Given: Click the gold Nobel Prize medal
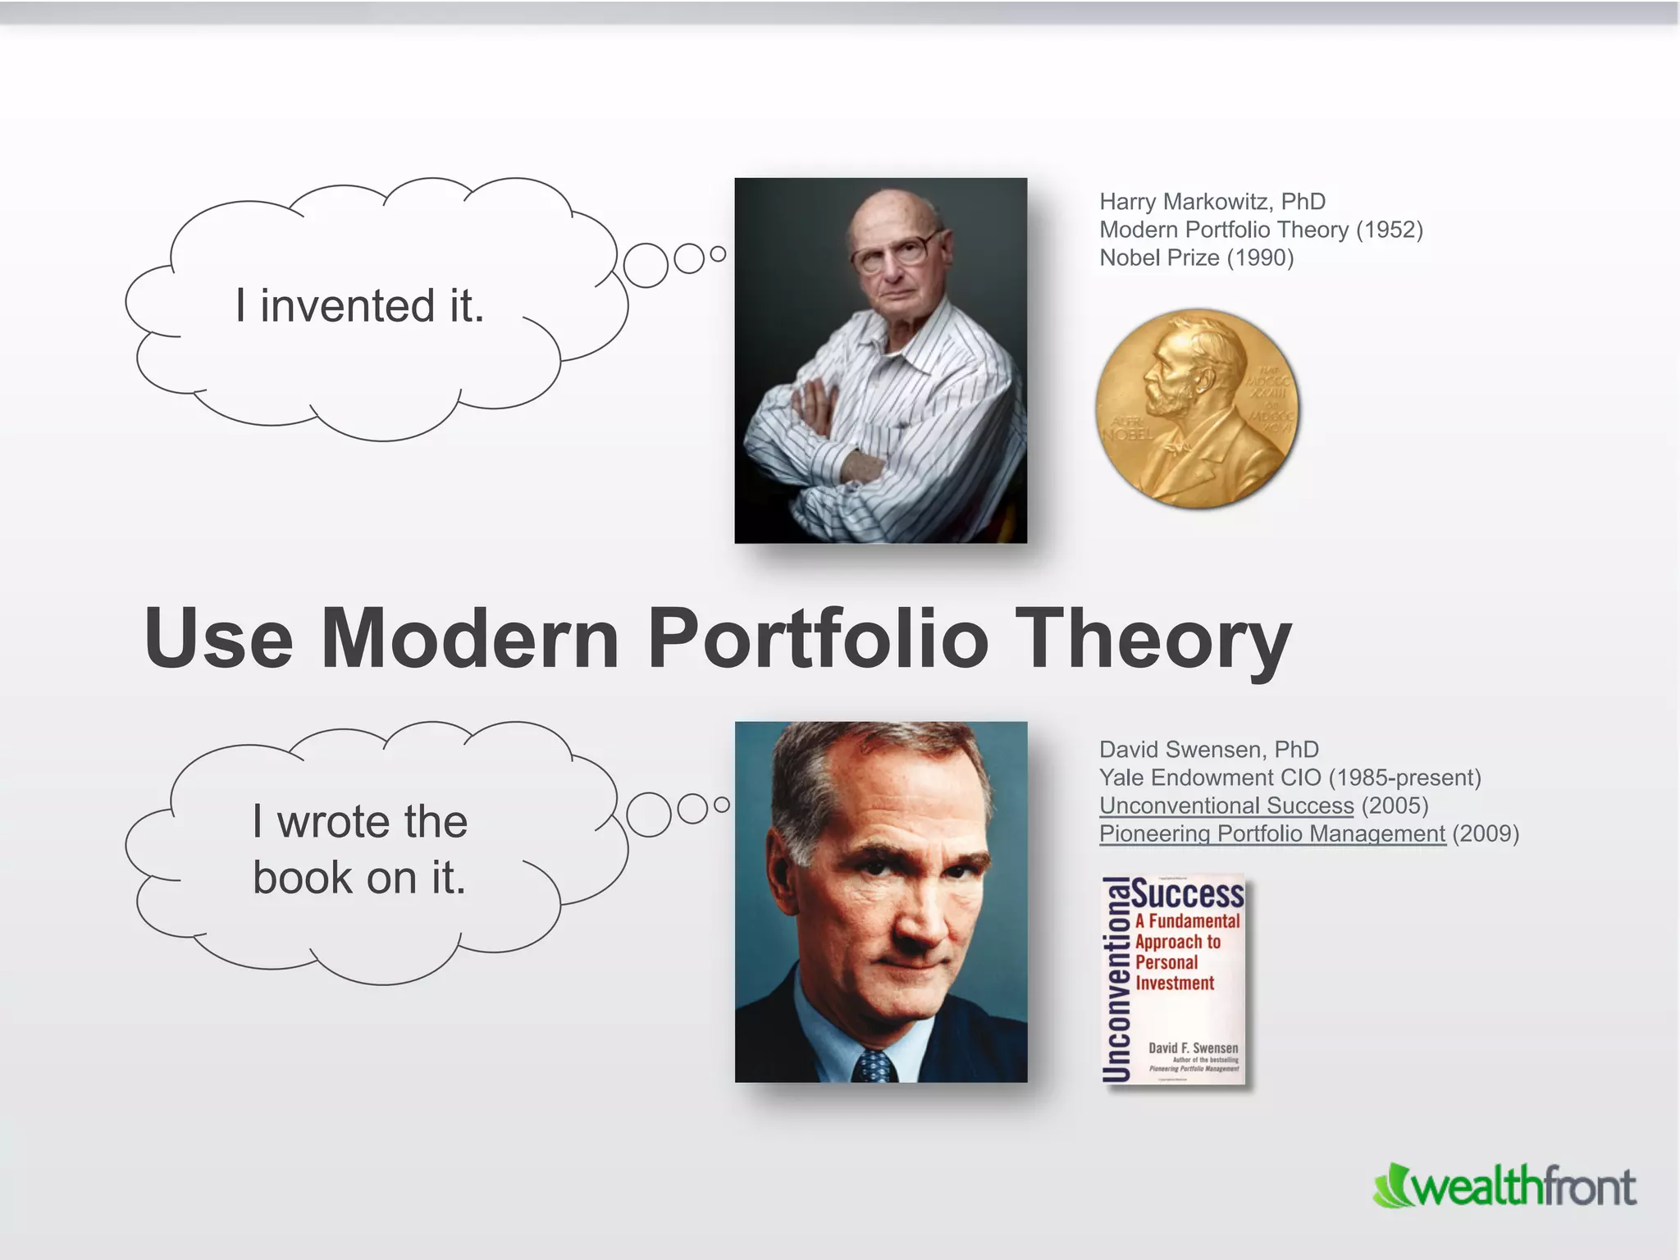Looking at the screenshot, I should tap(1197, 408).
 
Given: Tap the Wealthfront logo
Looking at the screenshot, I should tap(1504, 1187).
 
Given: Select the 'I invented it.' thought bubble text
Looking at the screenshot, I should tap(359, 306).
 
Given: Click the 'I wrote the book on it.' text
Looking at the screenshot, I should tap(359, 849).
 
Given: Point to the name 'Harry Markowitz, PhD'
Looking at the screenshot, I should tap(1212, 202).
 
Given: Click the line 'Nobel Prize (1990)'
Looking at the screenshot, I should tap(1196, 258).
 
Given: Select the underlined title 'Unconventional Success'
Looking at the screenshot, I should tap(1226, 806).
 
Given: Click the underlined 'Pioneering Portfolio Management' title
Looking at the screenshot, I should tap(1271, 833).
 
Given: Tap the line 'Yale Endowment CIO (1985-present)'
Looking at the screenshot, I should tap(1290, 778).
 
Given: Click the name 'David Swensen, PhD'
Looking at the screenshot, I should tap(1208, 750).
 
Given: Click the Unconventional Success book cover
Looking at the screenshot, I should tap(1174, 979).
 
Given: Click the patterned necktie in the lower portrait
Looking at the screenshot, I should tap(874, 1066).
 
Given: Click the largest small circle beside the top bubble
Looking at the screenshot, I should tap(646, 265).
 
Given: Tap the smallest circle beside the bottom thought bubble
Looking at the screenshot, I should tap(722, 806).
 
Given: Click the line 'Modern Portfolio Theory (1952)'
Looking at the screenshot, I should tap(1261, 230).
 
